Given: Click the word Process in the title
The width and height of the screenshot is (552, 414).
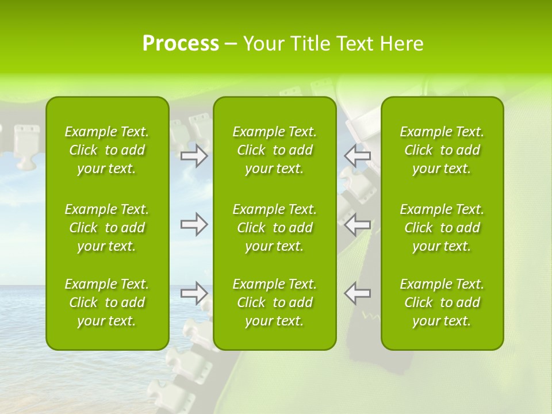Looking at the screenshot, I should tap(181, 44).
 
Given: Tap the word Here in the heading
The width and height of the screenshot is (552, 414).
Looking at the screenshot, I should tap(401, 44).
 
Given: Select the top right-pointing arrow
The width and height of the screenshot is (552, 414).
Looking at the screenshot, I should tap(194, 156).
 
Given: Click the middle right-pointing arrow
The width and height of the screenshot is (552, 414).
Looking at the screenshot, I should tap(194, 224).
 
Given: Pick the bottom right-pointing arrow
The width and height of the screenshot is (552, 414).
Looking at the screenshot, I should tap(194, 293).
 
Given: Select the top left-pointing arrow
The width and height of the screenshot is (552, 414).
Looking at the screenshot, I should tap(357, 156).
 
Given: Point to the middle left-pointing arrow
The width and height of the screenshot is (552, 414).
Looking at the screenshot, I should tap(357, 224).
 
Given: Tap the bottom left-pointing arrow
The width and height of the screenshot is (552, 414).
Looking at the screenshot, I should tap(357, 293).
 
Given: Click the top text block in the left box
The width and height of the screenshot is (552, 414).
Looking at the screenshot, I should tap(107, 150).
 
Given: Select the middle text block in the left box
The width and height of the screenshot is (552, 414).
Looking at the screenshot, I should tap(107, 228).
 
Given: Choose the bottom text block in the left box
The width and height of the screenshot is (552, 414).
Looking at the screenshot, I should tap(107, 302).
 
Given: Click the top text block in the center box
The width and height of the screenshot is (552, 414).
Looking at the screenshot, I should tap(275, 150).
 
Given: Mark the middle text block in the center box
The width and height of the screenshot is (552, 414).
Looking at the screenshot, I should tap(275, 228).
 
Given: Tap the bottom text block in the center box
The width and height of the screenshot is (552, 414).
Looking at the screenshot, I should tap(275, 302).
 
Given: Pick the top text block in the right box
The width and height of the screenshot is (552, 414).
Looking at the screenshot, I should tap(442, 150).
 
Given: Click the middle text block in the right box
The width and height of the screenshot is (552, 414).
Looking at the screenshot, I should tap(442, 228).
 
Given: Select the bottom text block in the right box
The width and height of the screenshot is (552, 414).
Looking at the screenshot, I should tap(442, 302).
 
